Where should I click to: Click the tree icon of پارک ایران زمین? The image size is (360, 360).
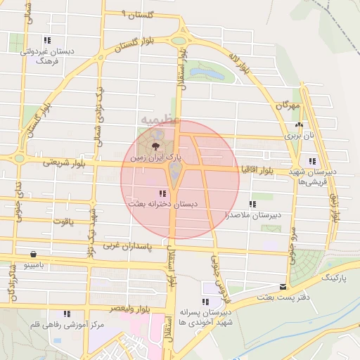(x=155, y=146)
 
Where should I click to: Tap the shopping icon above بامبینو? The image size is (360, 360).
(x=33, y=254)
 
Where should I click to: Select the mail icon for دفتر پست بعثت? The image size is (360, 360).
(x=283, y=287)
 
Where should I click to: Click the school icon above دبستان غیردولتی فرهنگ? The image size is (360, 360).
(x=47, y=41)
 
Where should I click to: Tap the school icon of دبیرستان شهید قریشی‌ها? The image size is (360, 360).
(x=312, y=160)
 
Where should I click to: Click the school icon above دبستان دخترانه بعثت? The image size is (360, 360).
(x=162, y=193)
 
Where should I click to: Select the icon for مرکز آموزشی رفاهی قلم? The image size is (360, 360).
(x=67, y=314)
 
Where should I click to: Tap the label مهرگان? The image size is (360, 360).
(x=288, y=106)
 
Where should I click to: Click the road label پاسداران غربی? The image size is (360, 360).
(x=126, y=246)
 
